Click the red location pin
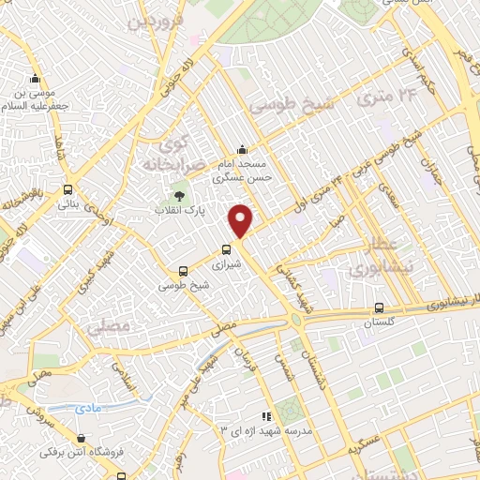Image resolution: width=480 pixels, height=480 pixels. tap(241, 219)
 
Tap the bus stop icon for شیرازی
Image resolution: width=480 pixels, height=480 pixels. tap(226, 249)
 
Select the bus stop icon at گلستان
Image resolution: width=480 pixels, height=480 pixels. tap(379, 307)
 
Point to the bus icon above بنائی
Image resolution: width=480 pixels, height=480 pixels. tap(67, 187)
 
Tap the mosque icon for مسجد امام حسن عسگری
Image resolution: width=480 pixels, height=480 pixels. tap(243, 149)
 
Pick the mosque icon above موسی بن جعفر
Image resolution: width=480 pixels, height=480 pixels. tap(36, 78)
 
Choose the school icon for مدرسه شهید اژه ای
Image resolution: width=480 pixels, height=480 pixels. tap(266, 415)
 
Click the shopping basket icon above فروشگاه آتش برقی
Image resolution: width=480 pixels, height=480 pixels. tap(82, 438)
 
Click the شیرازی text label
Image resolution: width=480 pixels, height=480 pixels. tap(228, 264)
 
